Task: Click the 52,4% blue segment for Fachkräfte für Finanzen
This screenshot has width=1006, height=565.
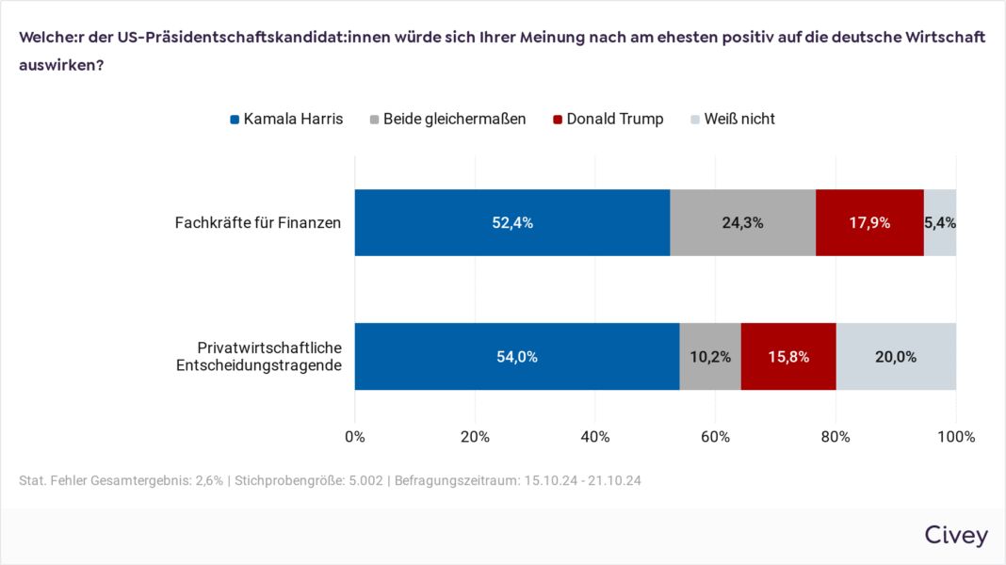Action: [511, 222]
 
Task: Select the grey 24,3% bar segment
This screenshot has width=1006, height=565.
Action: [742, 222]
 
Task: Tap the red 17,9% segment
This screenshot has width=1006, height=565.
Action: [869, 222]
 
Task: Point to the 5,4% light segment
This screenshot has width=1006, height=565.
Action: [940, 222]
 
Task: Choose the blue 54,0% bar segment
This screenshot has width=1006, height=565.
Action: [516, 357]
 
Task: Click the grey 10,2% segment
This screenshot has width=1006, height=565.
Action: [710, 357]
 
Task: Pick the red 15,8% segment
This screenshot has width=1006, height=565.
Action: [788, 357]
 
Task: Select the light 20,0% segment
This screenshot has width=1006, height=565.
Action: [896, 357]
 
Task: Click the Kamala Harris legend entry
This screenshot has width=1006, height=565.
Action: [286, 119]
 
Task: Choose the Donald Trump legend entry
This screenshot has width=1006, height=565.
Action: [608, 119]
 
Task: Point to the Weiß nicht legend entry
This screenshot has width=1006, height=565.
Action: [733, 119]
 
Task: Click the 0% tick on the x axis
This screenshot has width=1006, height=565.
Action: [355, 437]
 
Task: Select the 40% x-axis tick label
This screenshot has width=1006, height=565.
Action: [595, 437]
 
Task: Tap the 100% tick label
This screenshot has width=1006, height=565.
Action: [956, 437]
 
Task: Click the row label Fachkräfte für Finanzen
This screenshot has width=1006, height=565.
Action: [257, 223]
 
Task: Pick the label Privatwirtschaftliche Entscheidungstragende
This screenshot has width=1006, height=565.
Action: [257, 357]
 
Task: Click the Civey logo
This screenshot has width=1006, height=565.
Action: [956, 536]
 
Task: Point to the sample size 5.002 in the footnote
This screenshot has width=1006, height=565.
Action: [362, 480]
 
